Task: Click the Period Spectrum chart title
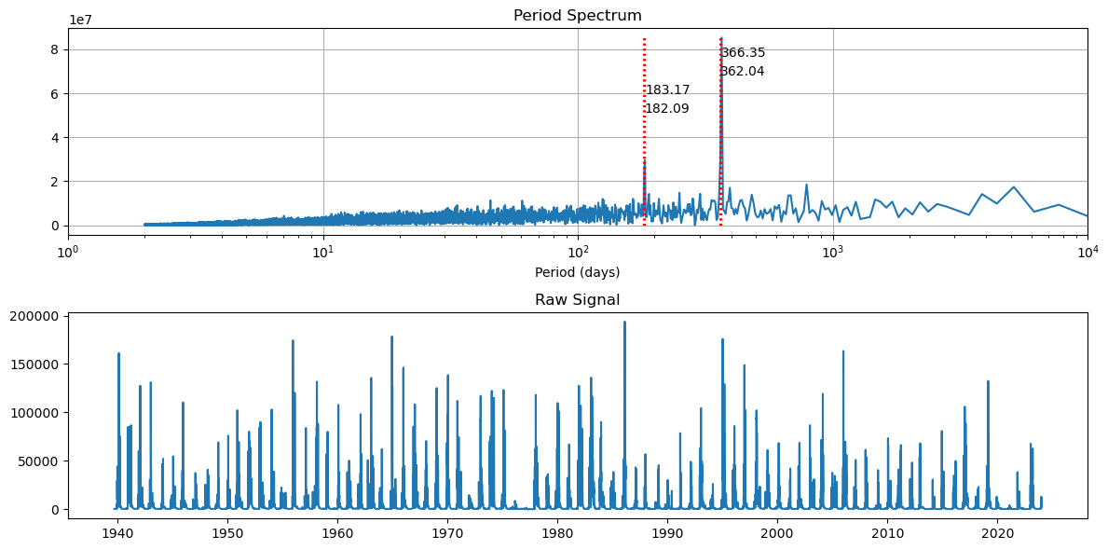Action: pyautogui.click(x=577, y=16)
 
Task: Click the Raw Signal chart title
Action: pyautogui.click(x=577, y=300)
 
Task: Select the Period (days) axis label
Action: pyautogui.click(x=577, y=272)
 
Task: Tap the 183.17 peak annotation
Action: pyautogui.click(x=667, y=90)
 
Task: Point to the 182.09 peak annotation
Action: pyautogui.click(x=667, y=109)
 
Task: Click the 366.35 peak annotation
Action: pyautogui.click(x=743, y=53)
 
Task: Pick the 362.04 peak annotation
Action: pyautogui.click(x=742, y=72)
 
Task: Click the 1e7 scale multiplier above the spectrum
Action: pyautogui.click(x=80, y=20)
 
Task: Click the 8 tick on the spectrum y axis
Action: pyautogui.click(x=55, y=49)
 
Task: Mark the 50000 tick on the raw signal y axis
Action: pyautogui.click(x=42, y=461)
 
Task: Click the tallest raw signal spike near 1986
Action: pyautogui.click(x=624, y=323)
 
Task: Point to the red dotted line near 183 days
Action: pyautogui.click(x=644, y=140)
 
